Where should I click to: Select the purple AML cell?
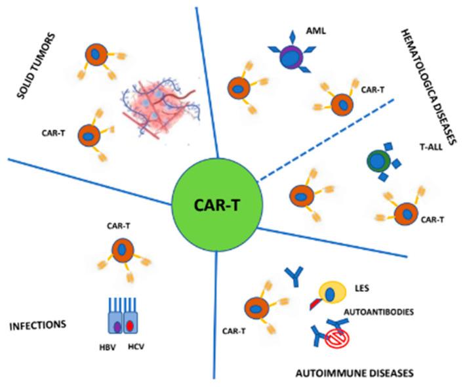(289, 58)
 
